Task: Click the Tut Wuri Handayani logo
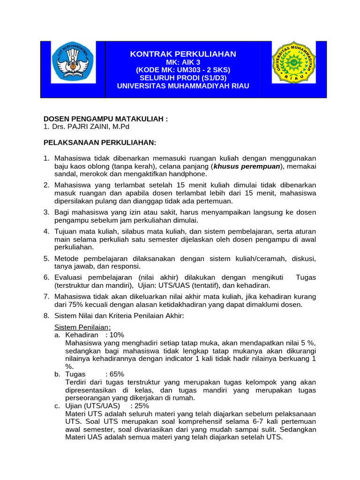click(73, 63)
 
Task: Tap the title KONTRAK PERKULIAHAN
click(183, 54)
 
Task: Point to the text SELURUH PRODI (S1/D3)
click(183, 78)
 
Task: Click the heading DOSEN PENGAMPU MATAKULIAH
click(105, 119)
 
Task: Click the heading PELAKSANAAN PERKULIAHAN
click(100, 142)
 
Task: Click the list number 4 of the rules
click(46, 231)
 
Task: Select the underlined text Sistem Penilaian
click(82, 327)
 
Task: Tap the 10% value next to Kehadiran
click(115, 335)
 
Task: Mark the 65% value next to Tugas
click(115, 374)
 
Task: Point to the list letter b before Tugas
click(57, 374)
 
